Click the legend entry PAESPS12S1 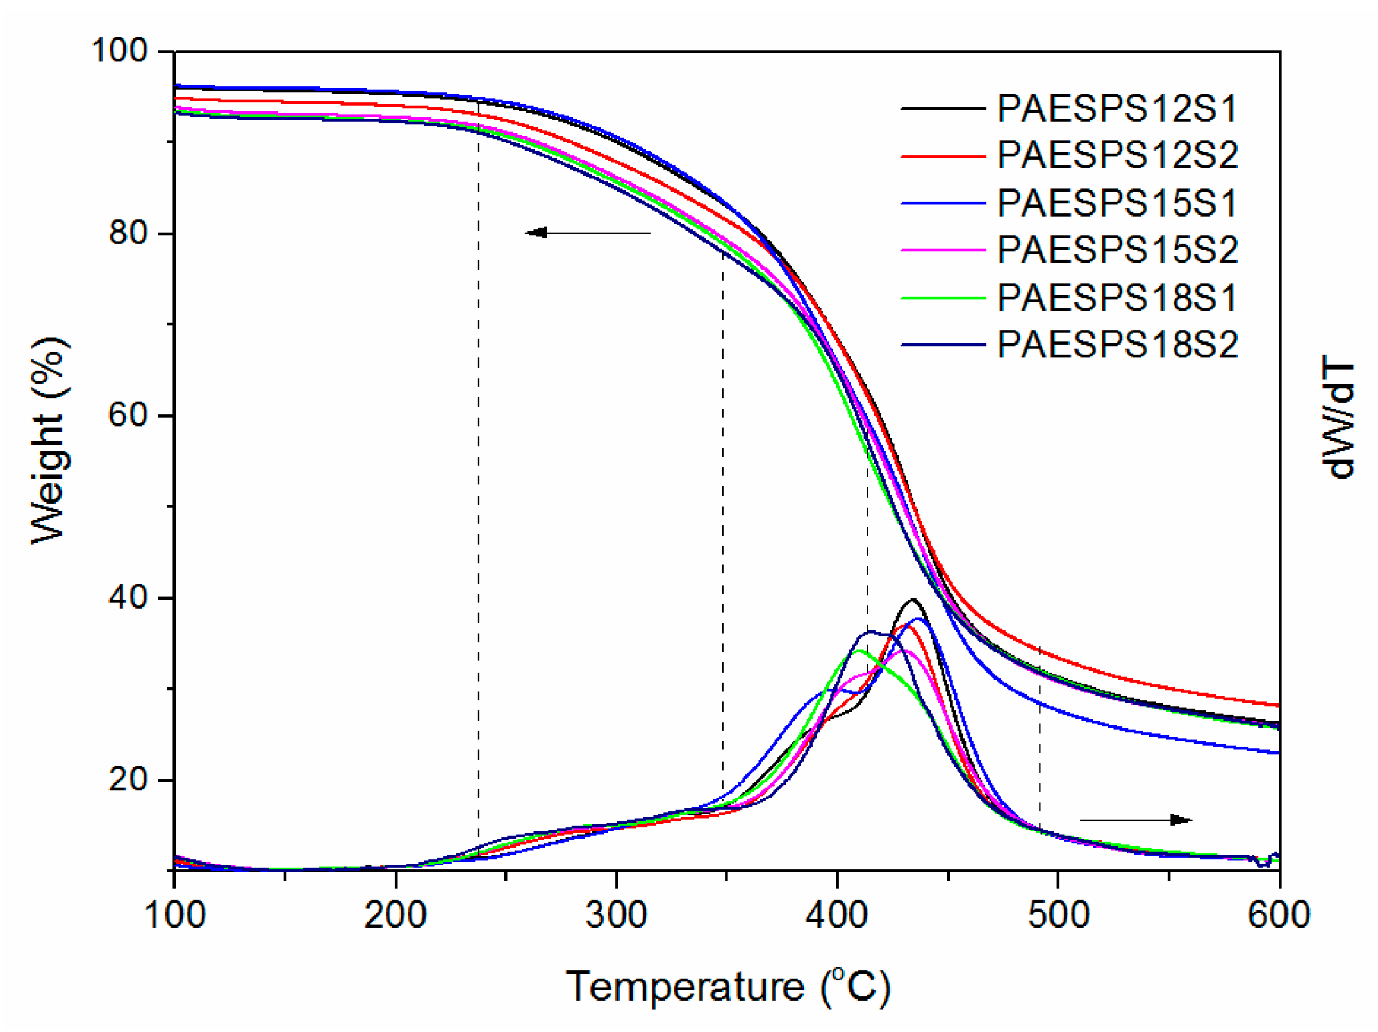pyautogui.click(x=1117, y=108)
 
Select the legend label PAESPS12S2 pyautogui.click(x=1117, y=156)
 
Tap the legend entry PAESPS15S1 pyautogui.click(x=1117, y=203)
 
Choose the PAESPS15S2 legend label pyautogui.click(x=1117, y=250)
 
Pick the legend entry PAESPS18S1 pyautogui.click(x=1117, y=297)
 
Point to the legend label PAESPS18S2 pyautogui.click(x=1117, y=345)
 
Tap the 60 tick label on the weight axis pyautogui.click(x=128, y=415)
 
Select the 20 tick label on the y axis pyautogui.click(x=128, y=780)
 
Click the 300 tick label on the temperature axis pyautogui.click(x=616, y=915)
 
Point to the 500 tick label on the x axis pyautogui.click(x=1058, y=915)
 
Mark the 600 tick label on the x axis pyautogui.click(x=1279, y=915)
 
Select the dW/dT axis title pyautogui.click(x=1338, y=416)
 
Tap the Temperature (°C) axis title pyautogui.click(x=727, y=986)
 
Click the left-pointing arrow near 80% pyautogui.click(x=586, y=233)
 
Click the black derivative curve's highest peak pyautogui.click(x=913, y=600)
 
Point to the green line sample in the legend pyautogui.click(x=943, y=298)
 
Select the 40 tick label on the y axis pyautogui.click(x=128, y=598)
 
